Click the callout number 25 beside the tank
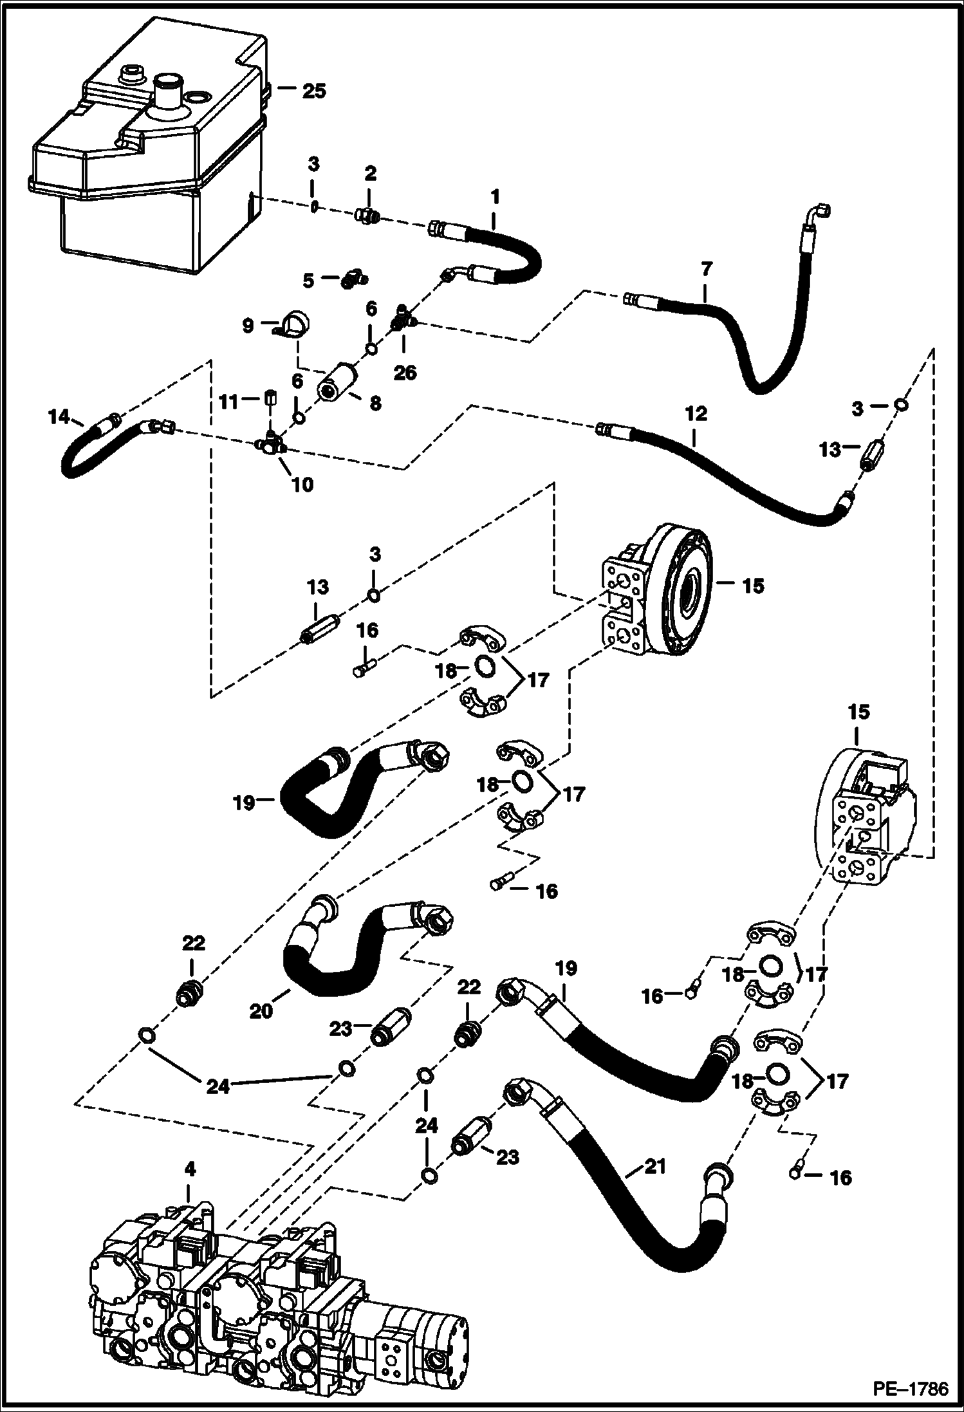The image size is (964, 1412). [314, 91]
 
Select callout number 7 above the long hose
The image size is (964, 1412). [707, 268]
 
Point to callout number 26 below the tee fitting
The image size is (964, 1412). [405, 372]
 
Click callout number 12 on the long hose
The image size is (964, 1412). [696, 414]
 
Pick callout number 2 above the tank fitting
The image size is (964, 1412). [369, 174]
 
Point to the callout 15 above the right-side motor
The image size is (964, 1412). [858, 712]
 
